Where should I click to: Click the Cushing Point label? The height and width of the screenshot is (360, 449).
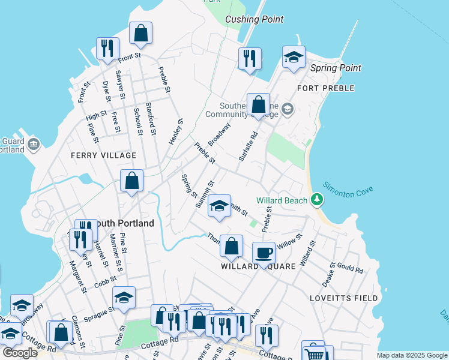coord(254,19)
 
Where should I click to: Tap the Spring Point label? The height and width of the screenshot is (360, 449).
coord(336,68)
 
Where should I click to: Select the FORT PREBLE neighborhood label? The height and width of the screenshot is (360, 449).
coord(326,88)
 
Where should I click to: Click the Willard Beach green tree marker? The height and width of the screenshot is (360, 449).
coord(317,200)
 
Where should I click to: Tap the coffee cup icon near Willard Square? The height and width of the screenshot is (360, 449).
coord(264,252)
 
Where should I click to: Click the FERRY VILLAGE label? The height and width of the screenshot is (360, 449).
coord(103,155)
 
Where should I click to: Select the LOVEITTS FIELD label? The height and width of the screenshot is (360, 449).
coord(343,298)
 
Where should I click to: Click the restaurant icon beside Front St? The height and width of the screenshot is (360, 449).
coord(107,48)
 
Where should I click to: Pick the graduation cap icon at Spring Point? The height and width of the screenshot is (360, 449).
coord(294,57)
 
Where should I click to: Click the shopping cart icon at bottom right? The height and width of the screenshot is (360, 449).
coord(313,352)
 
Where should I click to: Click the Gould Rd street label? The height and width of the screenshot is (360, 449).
coord(351,268)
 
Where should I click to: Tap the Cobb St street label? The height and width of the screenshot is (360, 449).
coord(104,282)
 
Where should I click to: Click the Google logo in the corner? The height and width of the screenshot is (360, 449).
coord(20,353)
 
